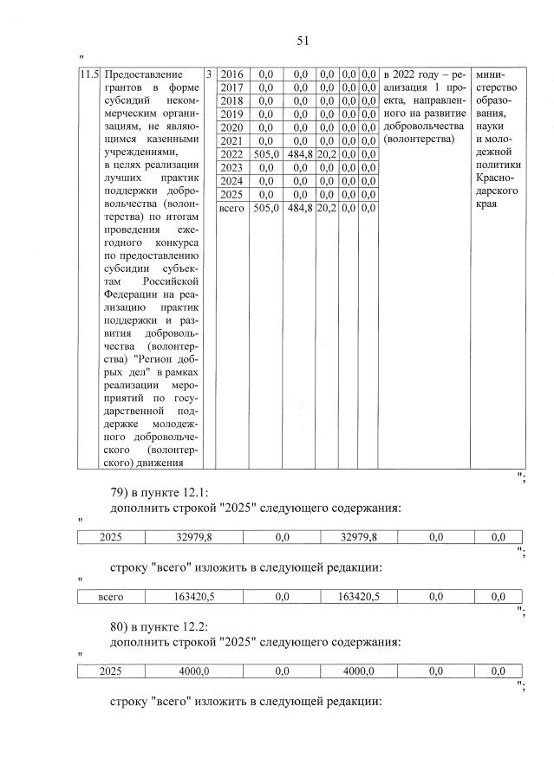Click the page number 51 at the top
pos(303,41)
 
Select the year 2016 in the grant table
pos(231,75)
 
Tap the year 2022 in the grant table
pos(231,153)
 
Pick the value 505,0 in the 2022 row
pos(266,153)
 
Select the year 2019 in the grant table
pos(231,114)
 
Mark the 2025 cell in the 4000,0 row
pos(111,671)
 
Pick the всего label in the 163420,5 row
pos(111,597)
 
